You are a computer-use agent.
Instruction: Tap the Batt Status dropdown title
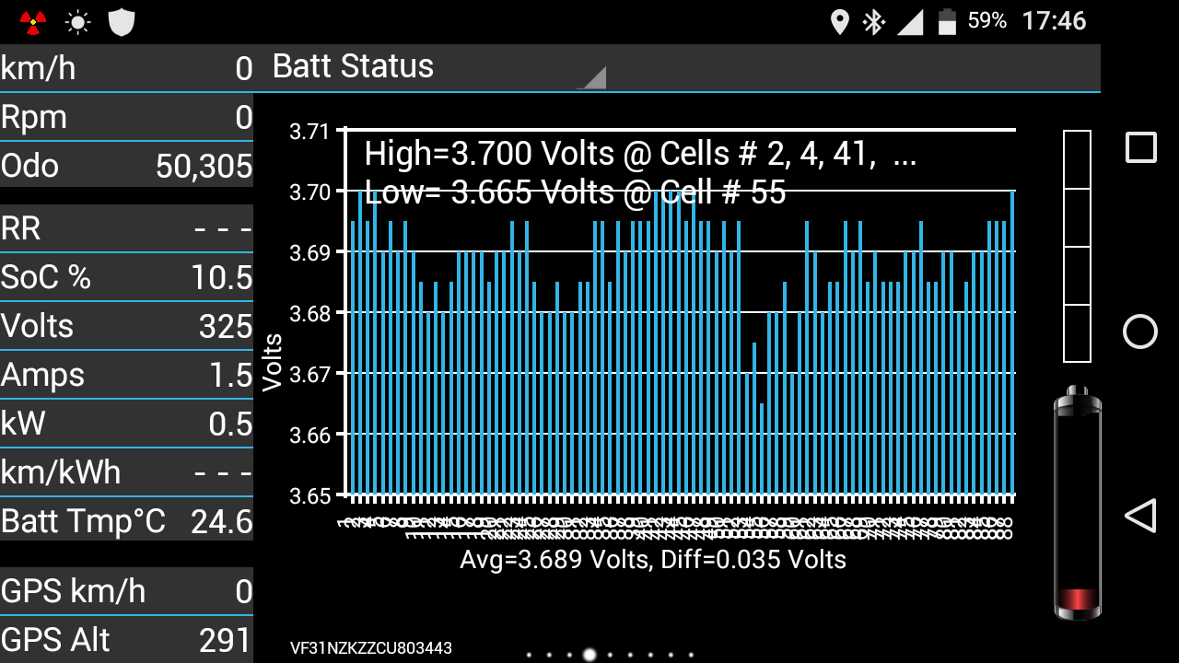point(354,67)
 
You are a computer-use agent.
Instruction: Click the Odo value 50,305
point(204,166)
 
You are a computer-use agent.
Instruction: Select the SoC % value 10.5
point(221,277)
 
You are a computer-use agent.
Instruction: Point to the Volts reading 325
point(226,326)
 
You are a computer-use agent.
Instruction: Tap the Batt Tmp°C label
point(83,521)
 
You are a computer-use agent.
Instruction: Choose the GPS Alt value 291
point(225,640)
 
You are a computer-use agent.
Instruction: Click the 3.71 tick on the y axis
point(309,132)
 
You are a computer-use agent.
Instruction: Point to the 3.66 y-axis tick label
point(309,435)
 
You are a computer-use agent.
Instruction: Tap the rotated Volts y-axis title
point(273,363)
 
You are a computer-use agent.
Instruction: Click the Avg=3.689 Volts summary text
point(652,559)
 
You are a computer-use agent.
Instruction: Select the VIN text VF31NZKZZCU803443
point(370,648)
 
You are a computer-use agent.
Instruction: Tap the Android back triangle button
point(1140,516)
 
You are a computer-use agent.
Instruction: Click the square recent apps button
point(1140,147)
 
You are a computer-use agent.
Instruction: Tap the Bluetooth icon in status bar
point(873,21)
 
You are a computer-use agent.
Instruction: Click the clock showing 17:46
point(1054,21)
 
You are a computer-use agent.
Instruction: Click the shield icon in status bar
point(122,22)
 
